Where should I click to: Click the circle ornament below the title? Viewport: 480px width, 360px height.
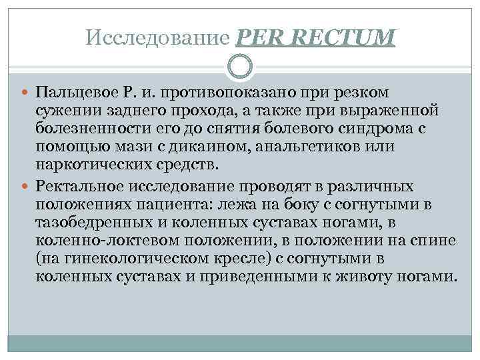click(239, 67)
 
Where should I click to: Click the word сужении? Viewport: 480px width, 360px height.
click(69, 109)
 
